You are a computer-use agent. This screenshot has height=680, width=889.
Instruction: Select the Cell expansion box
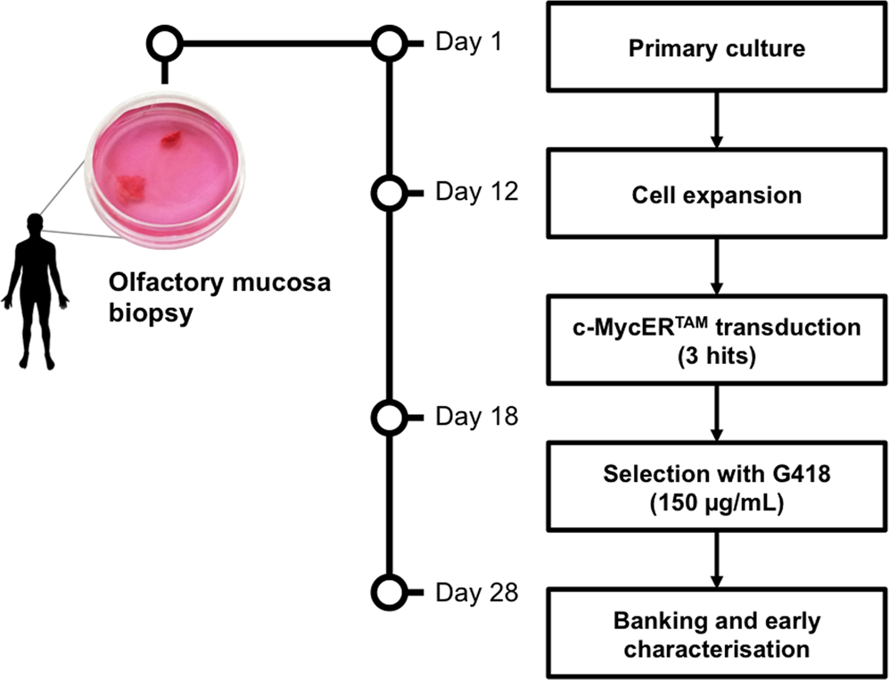(x=717, y=194)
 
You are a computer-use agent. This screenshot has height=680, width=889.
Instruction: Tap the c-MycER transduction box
(x=717, y=339)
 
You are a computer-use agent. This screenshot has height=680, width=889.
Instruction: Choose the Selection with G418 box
(x=717, y=486)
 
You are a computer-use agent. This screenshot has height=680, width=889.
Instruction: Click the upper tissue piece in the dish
(x=169, y=138)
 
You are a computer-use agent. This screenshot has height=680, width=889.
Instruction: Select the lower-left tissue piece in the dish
(x=131, y=186)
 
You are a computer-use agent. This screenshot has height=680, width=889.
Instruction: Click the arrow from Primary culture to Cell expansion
(x=717, y=120)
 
